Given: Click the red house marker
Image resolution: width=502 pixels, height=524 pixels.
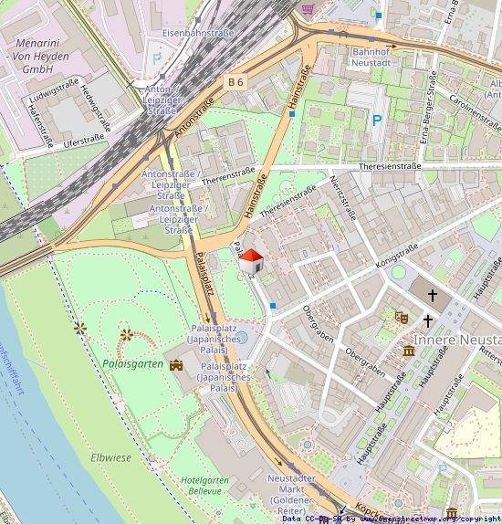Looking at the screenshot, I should (252, 261).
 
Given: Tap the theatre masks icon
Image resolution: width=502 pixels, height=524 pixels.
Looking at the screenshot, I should (400, 318).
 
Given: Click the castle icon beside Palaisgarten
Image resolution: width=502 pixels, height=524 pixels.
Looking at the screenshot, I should (176, 364).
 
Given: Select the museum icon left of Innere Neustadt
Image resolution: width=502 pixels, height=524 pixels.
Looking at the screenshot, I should (405, 352).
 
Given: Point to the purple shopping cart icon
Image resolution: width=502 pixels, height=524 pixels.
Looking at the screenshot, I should (309, 8).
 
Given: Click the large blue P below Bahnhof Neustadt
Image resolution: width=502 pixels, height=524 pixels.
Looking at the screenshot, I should (377, 120).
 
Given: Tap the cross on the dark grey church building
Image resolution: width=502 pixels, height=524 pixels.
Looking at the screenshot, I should (434, 297).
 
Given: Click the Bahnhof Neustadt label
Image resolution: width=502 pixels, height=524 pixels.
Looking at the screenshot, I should (371, 56).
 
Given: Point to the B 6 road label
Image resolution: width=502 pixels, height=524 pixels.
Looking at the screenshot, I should (236, 82).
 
